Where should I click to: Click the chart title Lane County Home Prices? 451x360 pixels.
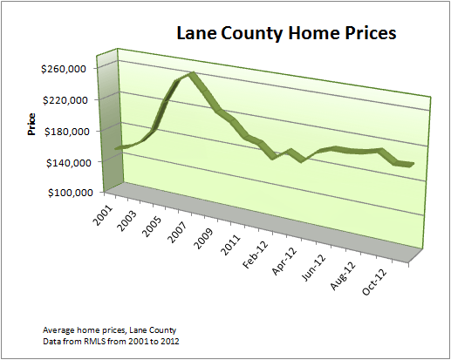tap(286, 34)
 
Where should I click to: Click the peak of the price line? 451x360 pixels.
tap(193, 77)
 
